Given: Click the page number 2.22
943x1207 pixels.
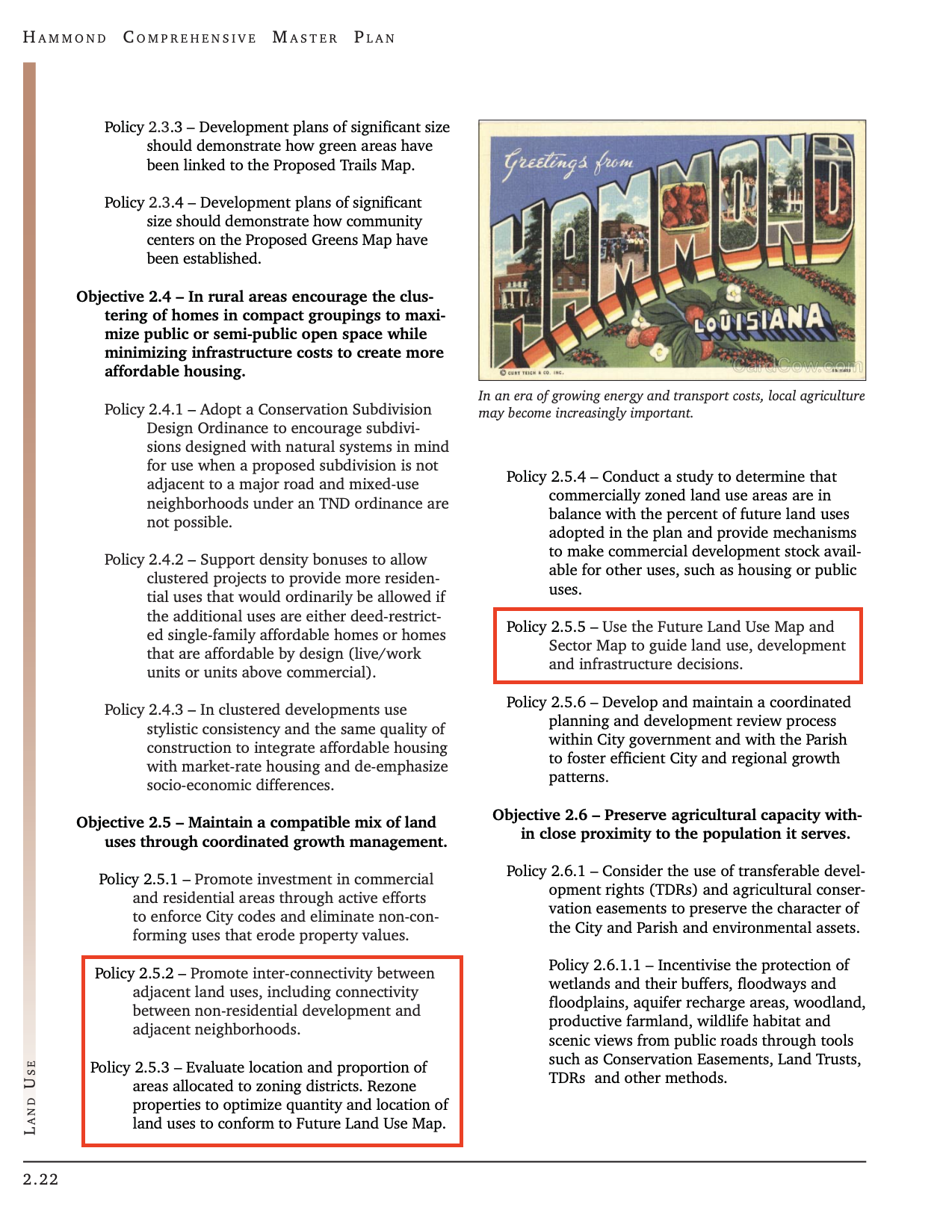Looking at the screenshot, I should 41,1180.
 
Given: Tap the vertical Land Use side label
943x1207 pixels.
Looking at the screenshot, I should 30,1097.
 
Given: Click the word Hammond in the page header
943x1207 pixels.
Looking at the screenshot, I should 65,38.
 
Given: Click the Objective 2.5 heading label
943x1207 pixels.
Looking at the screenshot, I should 124,823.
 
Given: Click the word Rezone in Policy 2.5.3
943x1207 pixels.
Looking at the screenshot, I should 392,1087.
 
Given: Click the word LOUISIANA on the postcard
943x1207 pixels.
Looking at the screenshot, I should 759,320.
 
